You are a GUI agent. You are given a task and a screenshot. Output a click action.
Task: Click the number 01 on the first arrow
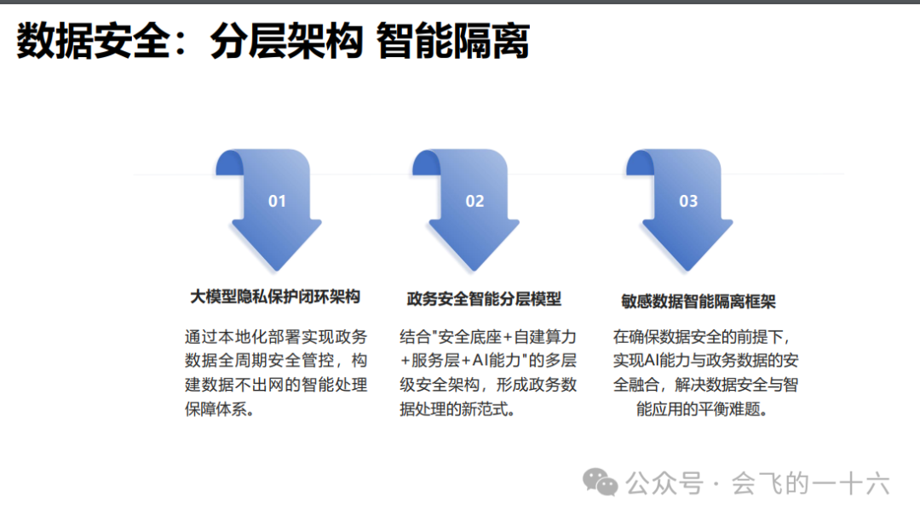[x=277, y=201]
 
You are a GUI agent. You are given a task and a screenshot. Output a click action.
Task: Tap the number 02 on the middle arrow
[x=474, y=201]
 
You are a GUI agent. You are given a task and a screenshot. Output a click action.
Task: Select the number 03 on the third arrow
[x=688, y=201]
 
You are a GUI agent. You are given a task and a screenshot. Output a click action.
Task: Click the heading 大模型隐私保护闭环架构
[x=275, y=297]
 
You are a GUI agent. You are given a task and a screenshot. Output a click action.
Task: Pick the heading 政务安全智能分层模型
[x=484, y=299]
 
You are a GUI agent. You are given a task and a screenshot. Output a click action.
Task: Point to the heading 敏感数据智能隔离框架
[x=699, y=301]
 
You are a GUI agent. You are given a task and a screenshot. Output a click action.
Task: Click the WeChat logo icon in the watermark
[x=600, y=483]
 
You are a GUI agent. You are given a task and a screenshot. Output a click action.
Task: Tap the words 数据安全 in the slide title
[x=93, y=41]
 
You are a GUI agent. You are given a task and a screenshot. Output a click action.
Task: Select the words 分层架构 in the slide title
[x=286, y=41]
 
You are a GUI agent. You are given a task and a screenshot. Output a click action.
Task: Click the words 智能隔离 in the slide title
[x=453, y=41]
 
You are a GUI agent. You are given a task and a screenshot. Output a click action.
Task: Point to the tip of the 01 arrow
[x=276, y=271]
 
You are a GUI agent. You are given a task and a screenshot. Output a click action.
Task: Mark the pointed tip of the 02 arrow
[x=474, y=271]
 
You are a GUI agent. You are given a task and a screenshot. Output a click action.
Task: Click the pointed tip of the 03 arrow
[x=687, y=271]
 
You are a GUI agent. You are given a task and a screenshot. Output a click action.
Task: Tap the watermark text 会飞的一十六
[x=810, y=483]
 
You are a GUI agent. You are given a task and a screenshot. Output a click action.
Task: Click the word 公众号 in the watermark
[x=664, y=483]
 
